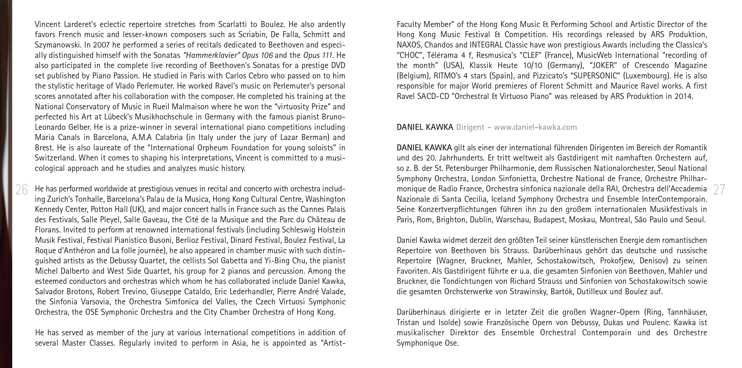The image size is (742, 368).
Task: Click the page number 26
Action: pyautogui.click(x=22, y=190)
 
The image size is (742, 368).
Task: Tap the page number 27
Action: pyautogui.click(x=719, y=190)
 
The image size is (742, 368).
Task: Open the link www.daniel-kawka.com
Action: pyautogui.click(x=536, y=127)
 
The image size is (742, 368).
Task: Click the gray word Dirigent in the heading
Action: pyautogui.click(x=470, y=127)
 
